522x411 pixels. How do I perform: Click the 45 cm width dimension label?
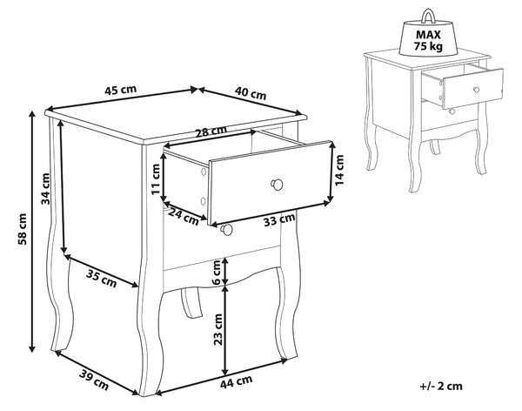point(121,90)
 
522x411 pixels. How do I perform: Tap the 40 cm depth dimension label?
point(251,93)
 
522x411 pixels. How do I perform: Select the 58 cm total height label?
point(23,229)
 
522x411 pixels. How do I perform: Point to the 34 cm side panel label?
point(45,189)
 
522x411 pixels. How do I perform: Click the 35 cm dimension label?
point(101,279)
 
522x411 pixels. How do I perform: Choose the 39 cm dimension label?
point(94,380)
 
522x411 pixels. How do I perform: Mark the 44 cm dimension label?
point(236,381)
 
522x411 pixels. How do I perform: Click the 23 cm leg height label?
point(218,329)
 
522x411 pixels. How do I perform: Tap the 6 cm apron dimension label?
point(216,273)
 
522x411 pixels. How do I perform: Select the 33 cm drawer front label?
point(279,219)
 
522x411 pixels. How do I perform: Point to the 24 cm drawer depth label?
point(183,216)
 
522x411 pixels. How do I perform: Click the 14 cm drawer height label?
point(339,171)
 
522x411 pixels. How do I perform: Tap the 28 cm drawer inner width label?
point(211,131)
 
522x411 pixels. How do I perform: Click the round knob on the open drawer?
point(277,185)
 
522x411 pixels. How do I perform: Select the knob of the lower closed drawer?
point(227,229)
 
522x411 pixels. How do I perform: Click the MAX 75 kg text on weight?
point(428,40)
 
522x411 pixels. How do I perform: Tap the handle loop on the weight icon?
point(428,17)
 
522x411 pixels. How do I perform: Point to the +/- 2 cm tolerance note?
point(441,386)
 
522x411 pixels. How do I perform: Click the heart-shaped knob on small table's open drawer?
point(477,90)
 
